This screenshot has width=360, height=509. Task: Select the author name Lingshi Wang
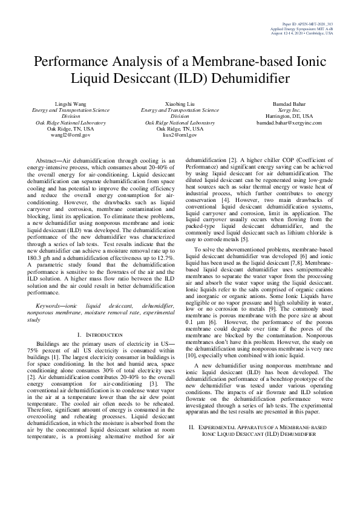(x=71, y=105)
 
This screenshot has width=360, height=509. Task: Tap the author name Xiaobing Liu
(x=180, y=105)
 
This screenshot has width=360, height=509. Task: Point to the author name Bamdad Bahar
(x=289, y=105)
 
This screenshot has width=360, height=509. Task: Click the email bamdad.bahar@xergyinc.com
(x=289, y=123)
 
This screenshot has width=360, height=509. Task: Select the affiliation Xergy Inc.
(x=289, y=111)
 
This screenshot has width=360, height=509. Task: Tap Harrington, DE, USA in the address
(x=289, y=117)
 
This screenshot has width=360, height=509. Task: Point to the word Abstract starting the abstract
(x=50, y=160)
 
